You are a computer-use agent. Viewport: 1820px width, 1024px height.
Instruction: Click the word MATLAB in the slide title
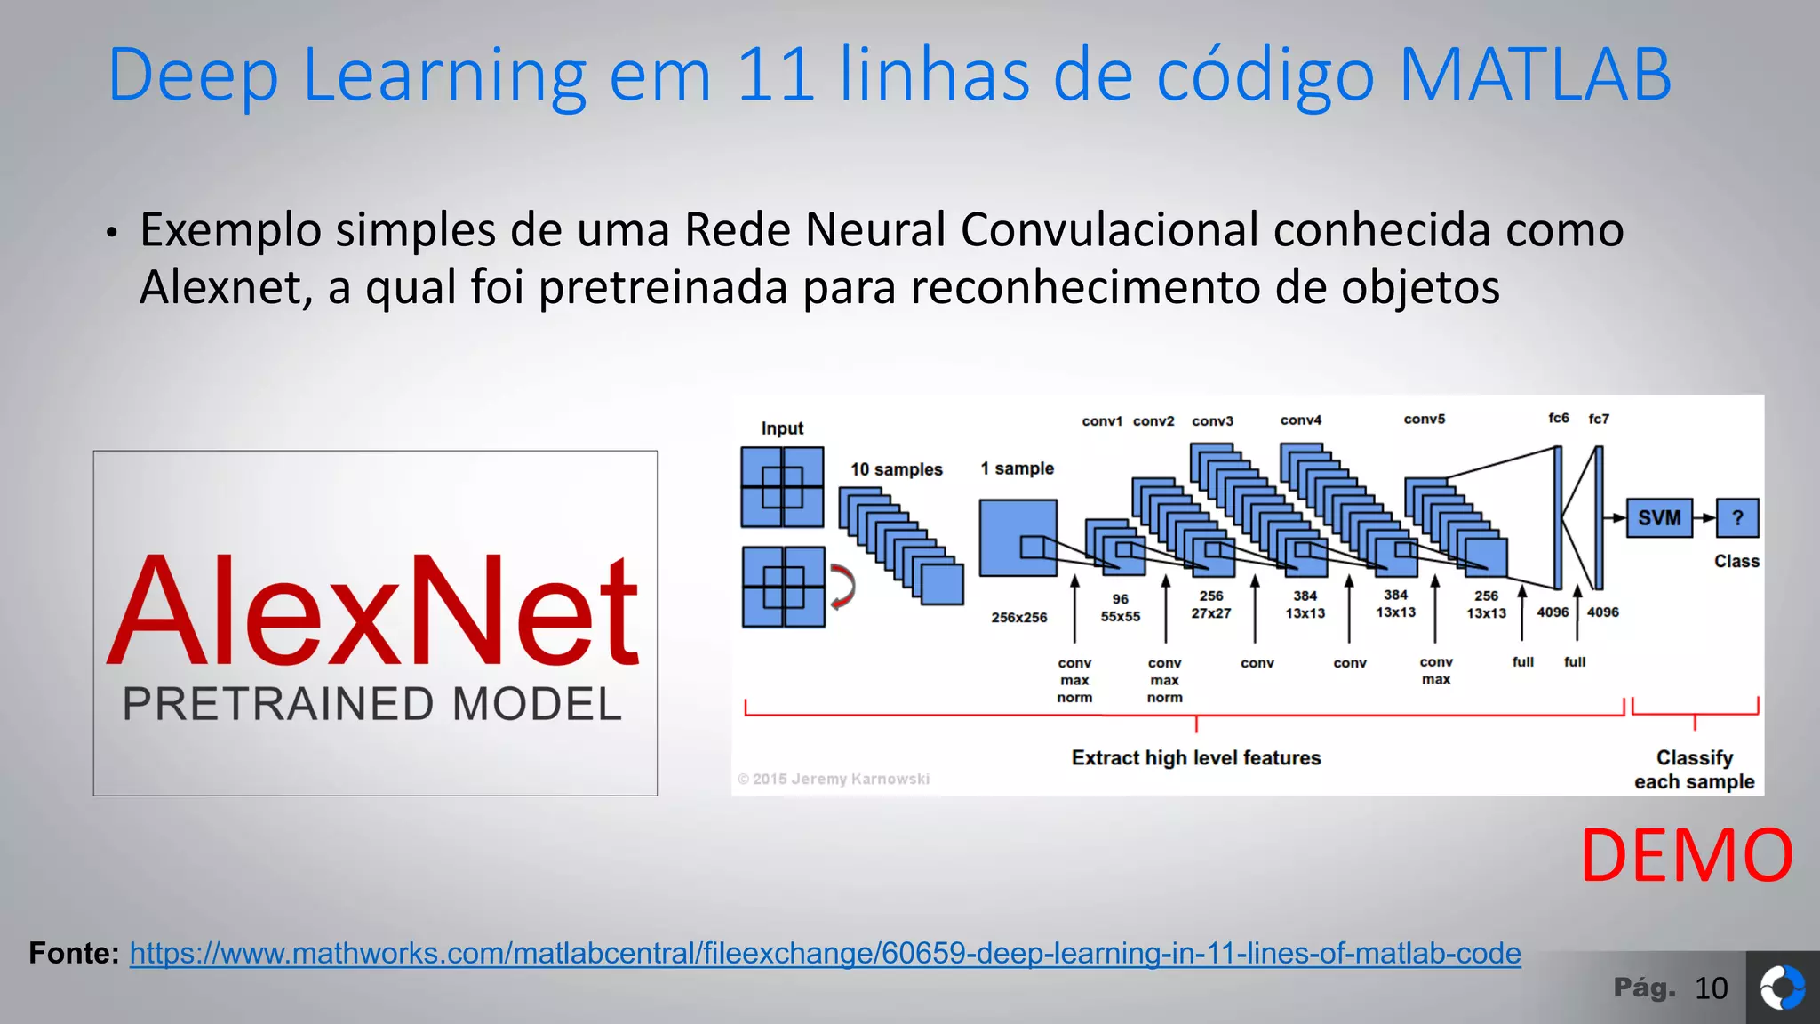click(1535, 75)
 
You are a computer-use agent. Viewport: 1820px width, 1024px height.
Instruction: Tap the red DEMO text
click(1686, 855)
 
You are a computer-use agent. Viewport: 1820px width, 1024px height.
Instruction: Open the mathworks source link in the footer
click(825, 954)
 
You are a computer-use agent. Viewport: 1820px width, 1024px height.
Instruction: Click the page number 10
click(1711, 988)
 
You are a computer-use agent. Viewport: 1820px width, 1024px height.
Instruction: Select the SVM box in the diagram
click(1659, 517)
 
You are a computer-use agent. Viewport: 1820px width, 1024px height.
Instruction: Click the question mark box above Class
click(1737, 517)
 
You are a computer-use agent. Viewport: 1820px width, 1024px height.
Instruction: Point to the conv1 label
click(1102, 421)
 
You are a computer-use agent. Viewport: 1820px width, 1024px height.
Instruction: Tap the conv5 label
click(1425, 419)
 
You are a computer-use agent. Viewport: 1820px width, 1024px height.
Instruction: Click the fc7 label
click(1599, 419)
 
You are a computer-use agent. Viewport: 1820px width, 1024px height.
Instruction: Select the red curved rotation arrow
click(842, 587)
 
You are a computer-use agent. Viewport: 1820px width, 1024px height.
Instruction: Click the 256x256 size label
click(1019, 617)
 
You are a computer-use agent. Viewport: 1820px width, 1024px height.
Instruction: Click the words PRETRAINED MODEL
click(372, 704)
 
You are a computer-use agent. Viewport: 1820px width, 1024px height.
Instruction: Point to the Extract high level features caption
click(1196, 757)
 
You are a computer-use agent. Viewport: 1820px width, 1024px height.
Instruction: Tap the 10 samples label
click(896, 469)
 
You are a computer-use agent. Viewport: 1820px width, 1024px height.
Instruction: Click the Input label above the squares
click(782, 428)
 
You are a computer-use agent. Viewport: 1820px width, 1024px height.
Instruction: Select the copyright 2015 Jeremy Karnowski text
click(834, 779)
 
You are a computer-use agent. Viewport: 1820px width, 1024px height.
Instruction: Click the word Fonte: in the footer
click(74, 954)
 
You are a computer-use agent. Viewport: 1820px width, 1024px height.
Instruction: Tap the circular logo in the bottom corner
click(1783, 988)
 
